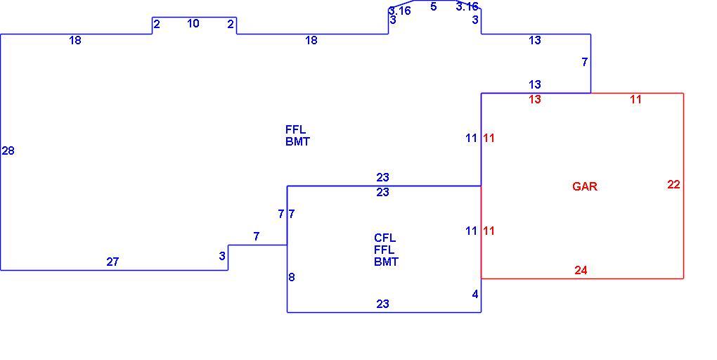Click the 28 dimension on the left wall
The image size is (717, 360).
coord(8,150)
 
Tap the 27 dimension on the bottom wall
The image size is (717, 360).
coord(112,262)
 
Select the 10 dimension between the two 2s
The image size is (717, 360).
coord(193,23)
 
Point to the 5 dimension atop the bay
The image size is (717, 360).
coord(434,7)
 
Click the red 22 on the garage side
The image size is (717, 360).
coord(673,184)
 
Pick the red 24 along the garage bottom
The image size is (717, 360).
coord(581,270)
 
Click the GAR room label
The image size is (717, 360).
coord(585,186)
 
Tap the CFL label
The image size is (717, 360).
coord(385,238)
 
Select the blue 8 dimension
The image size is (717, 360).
coord(292,277)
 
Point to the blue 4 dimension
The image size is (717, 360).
coord(475,294)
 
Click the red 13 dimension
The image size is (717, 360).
coord(534,99)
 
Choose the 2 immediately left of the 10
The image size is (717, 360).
coord(157,24)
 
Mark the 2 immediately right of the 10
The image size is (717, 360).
coord(231,24)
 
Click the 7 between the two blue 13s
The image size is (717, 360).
coord(584,62)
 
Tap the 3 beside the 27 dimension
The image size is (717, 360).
coord(222,256)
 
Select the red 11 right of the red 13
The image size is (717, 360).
coord(635,99)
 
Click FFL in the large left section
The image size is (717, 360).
coord(295,130)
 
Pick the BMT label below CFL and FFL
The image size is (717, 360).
coord(387,262)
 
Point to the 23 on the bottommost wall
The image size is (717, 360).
coord(382,304)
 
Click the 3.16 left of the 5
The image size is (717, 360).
coord(400,11)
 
